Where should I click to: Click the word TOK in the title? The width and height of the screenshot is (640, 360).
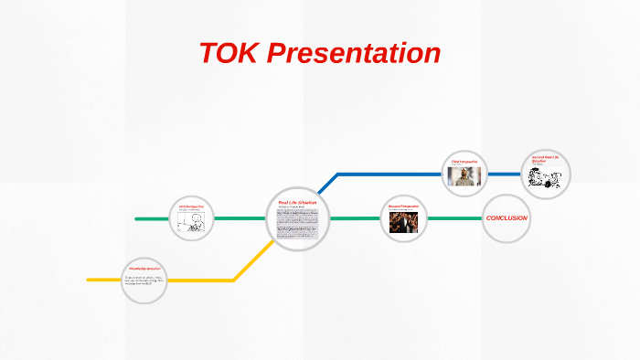coord(229,53)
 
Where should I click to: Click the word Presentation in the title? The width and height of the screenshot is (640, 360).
coord(355,53)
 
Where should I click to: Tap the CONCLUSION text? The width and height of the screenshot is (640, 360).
coord(507,218)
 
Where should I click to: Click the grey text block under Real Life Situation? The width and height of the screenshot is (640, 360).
coord(298,225)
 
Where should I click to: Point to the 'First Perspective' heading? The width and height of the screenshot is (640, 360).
coord(192,207)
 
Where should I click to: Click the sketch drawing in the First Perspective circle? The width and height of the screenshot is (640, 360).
coord(194,224)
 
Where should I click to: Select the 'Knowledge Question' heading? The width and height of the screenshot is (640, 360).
coord(145,269)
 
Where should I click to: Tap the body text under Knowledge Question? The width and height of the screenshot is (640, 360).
coord(144,281)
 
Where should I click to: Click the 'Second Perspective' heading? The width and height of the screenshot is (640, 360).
coord(402,207)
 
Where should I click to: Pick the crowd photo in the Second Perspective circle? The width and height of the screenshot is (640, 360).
coord(403,225)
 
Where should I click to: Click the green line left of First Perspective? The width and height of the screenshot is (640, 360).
coord(152,218)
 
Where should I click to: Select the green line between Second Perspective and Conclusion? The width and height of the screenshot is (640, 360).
coord(454,218)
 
